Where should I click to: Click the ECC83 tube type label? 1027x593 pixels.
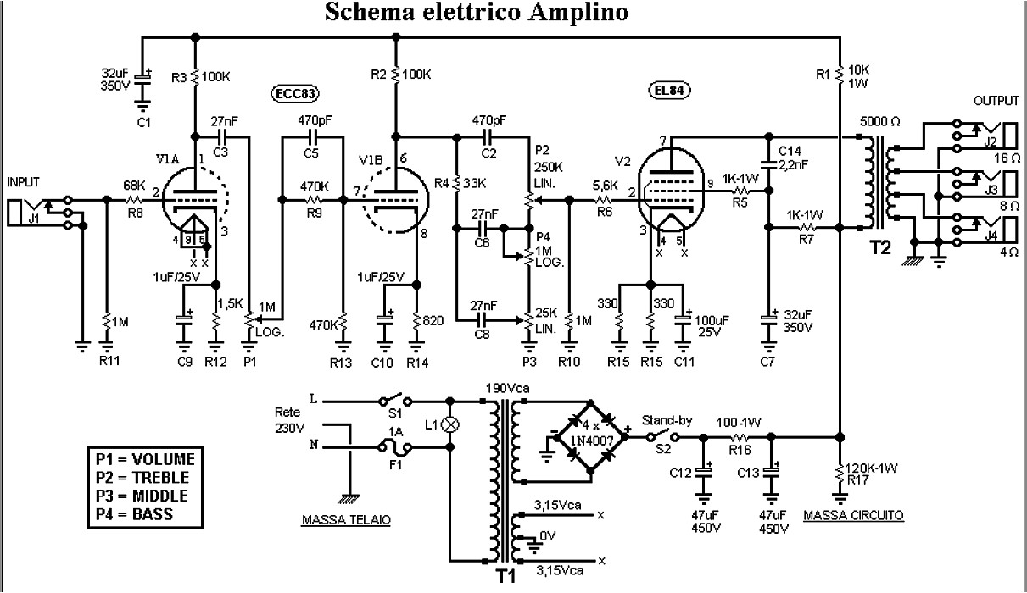291,93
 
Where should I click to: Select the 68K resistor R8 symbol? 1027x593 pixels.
135,200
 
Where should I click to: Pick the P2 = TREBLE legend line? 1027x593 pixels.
145,478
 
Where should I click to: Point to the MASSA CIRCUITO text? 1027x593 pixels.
853,515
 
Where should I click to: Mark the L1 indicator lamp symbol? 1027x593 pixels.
453,424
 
